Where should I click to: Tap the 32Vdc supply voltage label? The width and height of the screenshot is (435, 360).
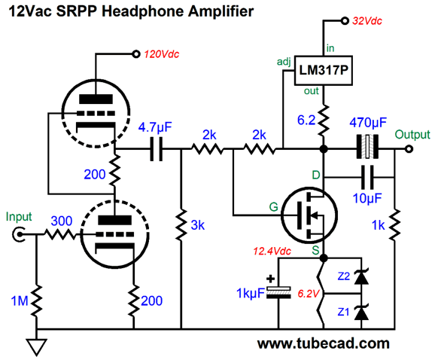(367, 21)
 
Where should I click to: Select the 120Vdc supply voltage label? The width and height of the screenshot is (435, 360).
(162, 54)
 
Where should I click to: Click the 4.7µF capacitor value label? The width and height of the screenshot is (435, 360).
(155, 127)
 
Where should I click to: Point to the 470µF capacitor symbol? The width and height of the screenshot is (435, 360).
(367, 147)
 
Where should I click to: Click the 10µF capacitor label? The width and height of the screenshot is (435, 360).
(367, 198)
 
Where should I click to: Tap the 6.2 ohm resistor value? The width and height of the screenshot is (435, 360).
(306, 121)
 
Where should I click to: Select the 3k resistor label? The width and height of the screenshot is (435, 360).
(197, 225)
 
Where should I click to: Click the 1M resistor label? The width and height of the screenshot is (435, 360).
(20, 301)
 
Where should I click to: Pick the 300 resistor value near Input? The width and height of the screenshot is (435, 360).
(62, 221)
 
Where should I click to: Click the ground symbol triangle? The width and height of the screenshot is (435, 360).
(36, 346)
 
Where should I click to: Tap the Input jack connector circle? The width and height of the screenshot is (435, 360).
(19, 234)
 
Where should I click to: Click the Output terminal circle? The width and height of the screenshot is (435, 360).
(409, 149)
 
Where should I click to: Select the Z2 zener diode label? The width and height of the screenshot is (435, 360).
(343, 276)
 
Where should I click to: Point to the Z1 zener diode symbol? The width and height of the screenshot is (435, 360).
(361, 313)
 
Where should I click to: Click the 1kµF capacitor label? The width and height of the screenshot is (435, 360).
(251, 293)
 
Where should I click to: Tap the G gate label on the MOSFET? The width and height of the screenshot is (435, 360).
(273, 207)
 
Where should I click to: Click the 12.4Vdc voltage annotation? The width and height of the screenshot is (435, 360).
(272, 252)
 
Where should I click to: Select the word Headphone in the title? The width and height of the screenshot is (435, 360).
(142, 11)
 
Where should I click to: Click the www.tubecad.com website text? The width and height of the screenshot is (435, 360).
(323, 343)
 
